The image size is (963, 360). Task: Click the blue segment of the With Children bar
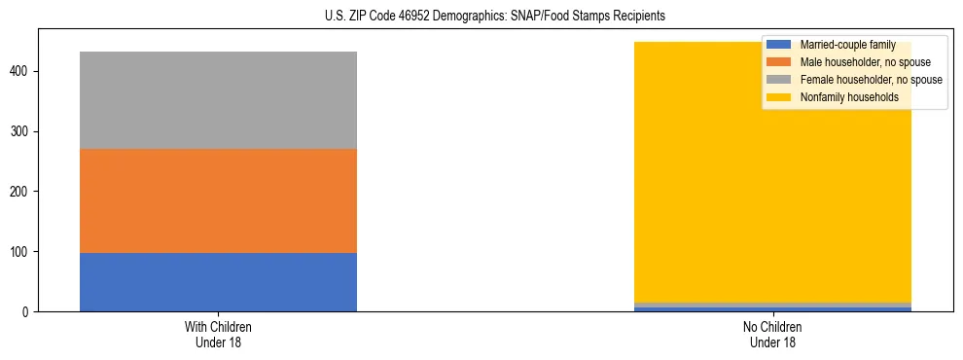[x=218, y=282]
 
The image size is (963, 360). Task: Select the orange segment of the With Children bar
[x=218, y=200]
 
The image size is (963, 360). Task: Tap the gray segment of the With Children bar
[x=218, y=100]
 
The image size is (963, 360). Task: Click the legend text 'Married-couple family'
[x=847, y=45]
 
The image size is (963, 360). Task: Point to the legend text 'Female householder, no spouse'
[x=871, y=80]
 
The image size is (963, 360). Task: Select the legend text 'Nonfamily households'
[x=849, y=97]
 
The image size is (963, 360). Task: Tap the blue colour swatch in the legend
[x=779, y=45]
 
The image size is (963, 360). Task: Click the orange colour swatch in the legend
[x=779, y=62]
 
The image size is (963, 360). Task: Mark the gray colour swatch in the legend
[x=779, y=80]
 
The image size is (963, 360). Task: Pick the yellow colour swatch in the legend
[x=779, y=97]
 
